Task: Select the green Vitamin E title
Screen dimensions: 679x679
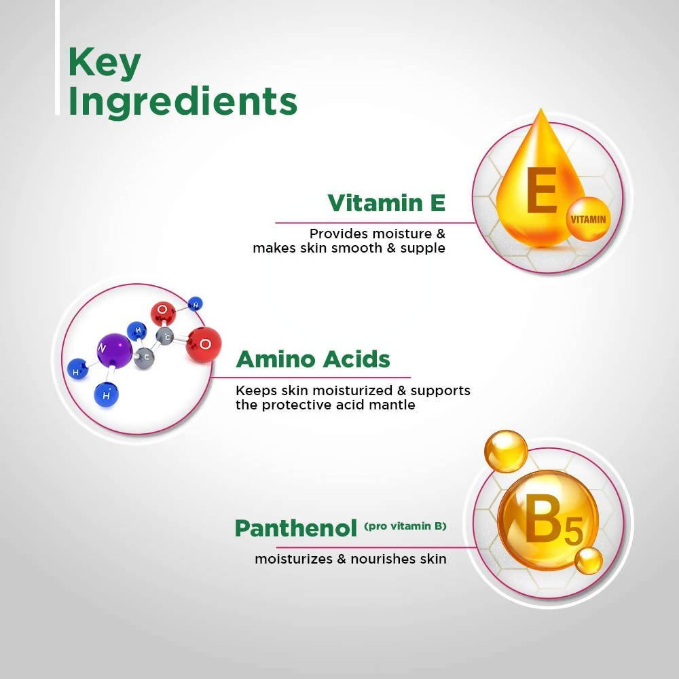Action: pyautogui.click(x=386, y=202)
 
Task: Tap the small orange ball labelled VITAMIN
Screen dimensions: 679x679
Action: pyautogui.click(x=588, y=219)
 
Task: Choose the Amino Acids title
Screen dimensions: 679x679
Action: pyautogui.click(x=313, y=359)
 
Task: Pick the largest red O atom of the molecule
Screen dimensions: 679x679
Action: pyautogui.click(x=204, y=344)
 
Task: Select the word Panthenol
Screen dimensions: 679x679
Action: pyautogui.click(x=296, y=528)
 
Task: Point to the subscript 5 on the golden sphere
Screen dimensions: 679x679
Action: pyautogui.click(x=572, y=533)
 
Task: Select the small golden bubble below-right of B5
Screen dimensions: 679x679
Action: pyautogui.click(x=589, y=559)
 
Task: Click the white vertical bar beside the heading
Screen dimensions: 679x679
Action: pyautogui.click(x=58, y=58)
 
